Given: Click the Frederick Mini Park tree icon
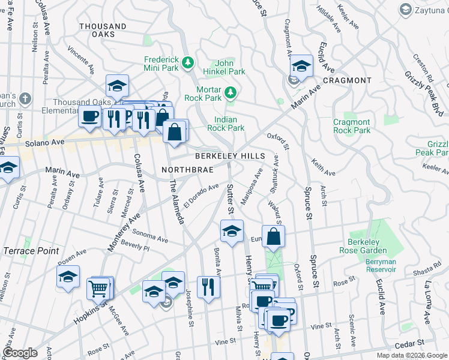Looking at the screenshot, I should tap(188, 62).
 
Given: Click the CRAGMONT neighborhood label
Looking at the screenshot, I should tap(347, 80).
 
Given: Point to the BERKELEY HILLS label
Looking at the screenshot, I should tap(229, 156).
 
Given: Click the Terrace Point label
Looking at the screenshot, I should tap(32, 251).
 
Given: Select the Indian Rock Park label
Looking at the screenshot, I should tap(226, 124).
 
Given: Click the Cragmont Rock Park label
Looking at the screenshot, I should tap(352, 126).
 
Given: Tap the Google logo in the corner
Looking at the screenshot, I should tap(20, 353).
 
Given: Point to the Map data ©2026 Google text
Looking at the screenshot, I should tap(411, 355).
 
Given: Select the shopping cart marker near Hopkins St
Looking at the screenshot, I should tap(99, 289).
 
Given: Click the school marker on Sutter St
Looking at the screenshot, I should tap(232, 231).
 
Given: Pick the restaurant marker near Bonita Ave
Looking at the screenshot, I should tap(208, 287).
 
